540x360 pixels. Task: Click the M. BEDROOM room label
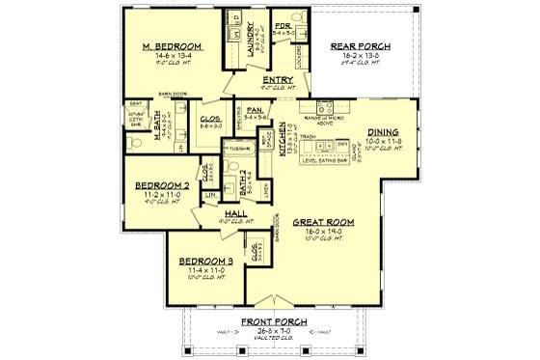pos(173,46)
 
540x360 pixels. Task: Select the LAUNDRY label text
pos(250,40)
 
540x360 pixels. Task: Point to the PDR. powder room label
pos(283,26)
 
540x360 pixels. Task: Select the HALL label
pos(236,212)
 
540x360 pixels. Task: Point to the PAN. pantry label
pos(255,111)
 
